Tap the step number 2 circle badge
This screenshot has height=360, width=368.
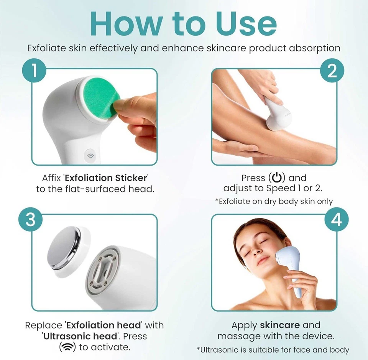pos(332,72)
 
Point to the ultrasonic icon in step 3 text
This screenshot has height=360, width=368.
pos(67,347)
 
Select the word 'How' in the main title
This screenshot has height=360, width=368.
pos(122,25)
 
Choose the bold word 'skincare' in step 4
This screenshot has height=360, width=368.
pos(280,325)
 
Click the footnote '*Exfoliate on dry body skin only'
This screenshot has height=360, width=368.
pos(274,201)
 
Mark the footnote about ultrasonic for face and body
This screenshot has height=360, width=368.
pos(273,350)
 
